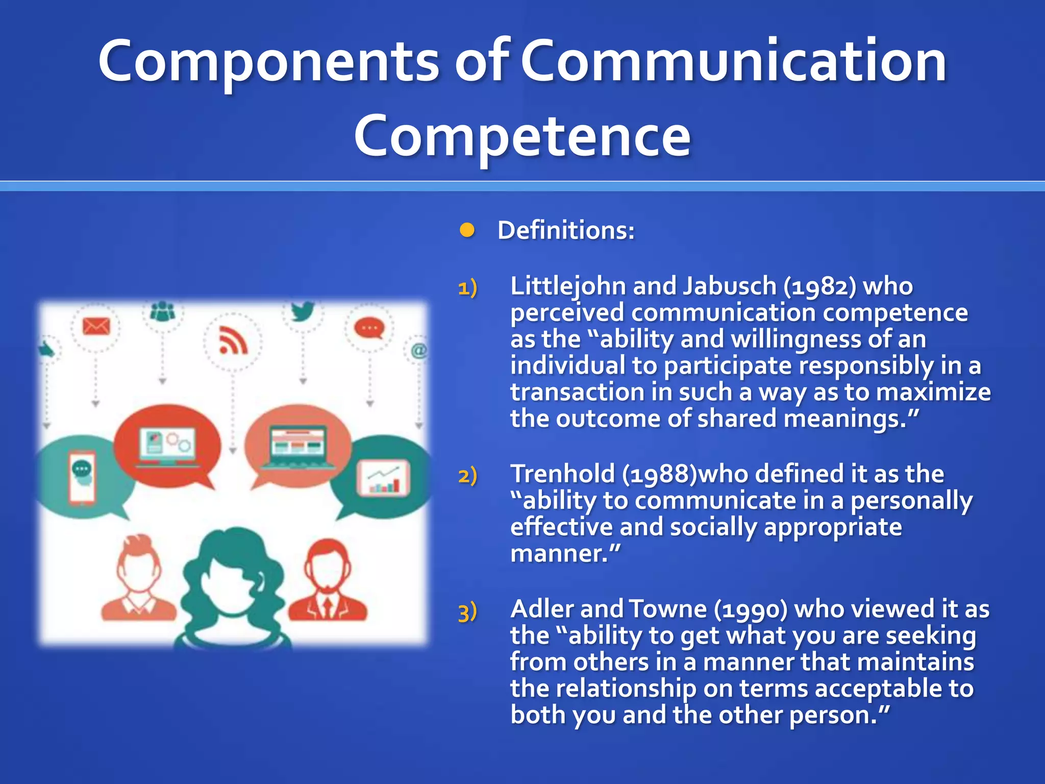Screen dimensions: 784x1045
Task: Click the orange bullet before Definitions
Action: [467, 230]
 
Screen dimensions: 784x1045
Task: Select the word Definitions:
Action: [566, 230]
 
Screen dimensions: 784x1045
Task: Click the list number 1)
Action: [467, 287]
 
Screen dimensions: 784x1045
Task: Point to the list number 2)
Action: [467, 475]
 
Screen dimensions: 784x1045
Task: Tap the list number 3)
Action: [467, 611]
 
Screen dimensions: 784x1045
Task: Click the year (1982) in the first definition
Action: [819, 286]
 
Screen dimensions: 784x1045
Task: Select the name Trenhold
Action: [562, 474]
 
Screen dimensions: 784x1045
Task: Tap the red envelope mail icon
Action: [96, 326]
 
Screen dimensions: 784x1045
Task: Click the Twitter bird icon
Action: [303, 311]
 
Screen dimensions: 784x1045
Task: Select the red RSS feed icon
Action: [233, 340]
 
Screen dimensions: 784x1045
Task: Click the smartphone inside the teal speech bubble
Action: [82, 477]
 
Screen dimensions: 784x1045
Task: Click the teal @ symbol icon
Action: [418, 351]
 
